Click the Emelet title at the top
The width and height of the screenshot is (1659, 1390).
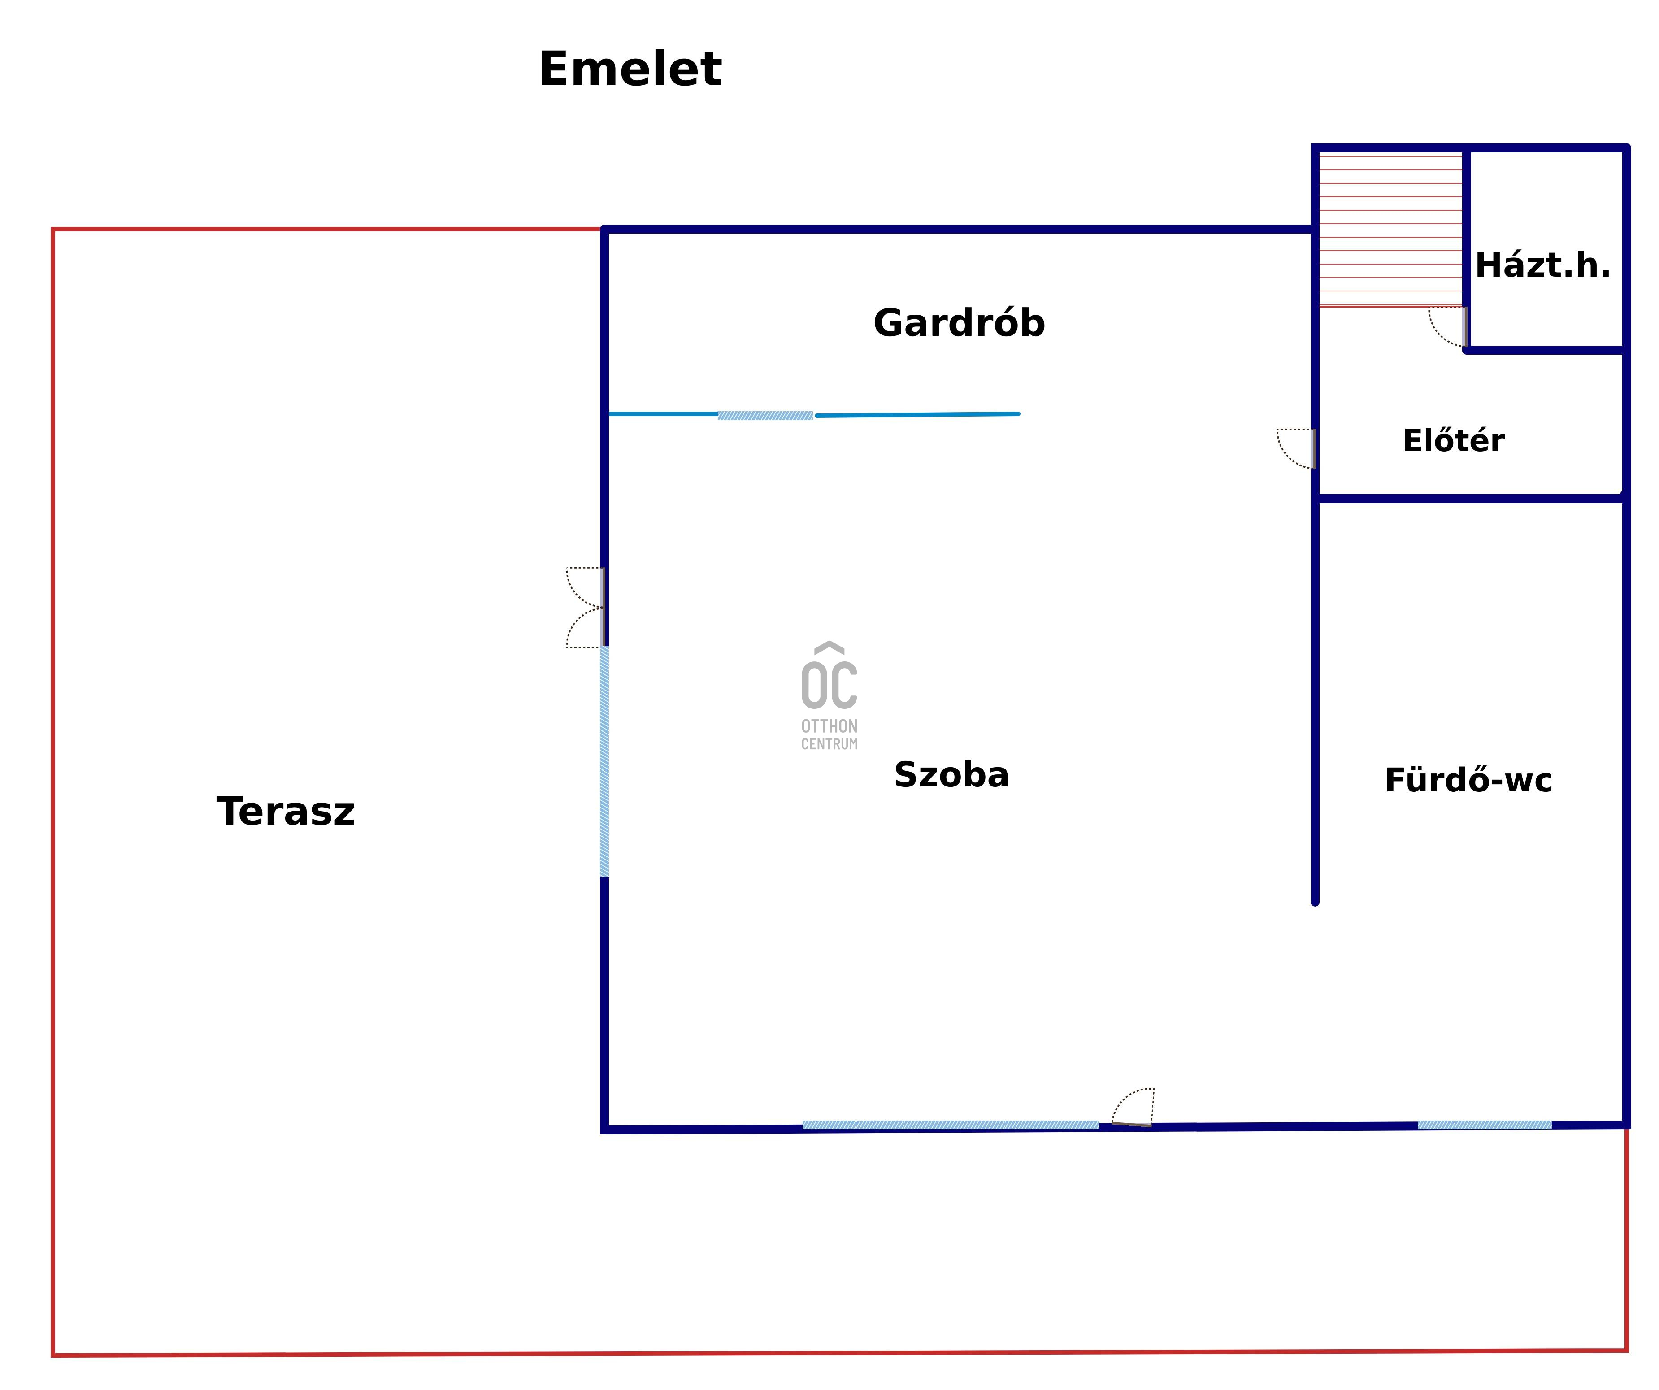[630, 69]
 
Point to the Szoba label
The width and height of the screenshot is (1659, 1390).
[951, 774]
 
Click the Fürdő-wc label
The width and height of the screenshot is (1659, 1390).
[1468, 780]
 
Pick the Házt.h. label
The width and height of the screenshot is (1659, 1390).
[1542, 265]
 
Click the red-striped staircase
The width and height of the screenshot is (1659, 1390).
[1390, 229]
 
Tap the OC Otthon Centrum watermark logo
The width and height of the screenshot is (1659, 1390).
[829, 695]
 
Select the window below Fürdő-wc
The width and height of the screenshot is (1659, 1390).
[1484, 1125]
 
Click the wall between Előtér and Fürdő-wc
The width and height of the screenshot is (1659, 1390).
[1469, 498]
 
